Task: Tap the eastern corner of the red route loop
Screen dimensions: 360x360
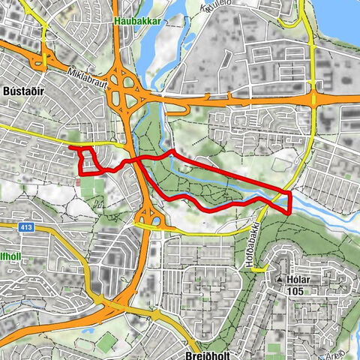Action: pos(289,202)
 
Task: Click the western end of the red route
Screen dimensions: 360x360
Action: pos(71,148)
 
